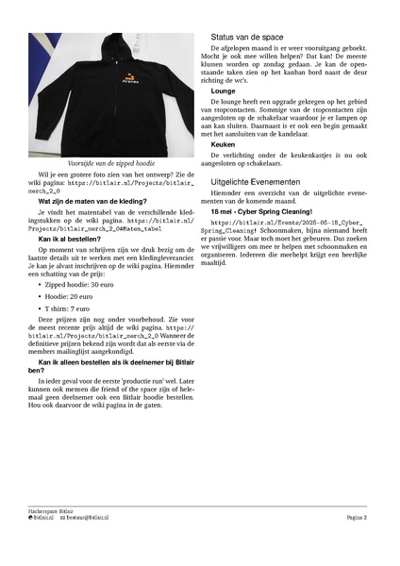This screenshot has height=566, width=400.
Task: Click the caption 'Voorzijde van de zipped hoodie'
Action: pyautogui.click(x=110, y=162)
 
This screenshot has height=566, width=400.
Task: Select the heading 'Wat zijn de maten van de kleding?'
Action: pyautogui.click(x=92, y=202)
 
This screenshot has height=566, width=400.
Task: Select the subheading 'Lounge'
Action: pyautogui.click(x=224, y=91)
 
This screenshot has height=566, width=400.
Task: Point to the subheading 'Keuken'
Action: pyautogui.click(x=224, y=143)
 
